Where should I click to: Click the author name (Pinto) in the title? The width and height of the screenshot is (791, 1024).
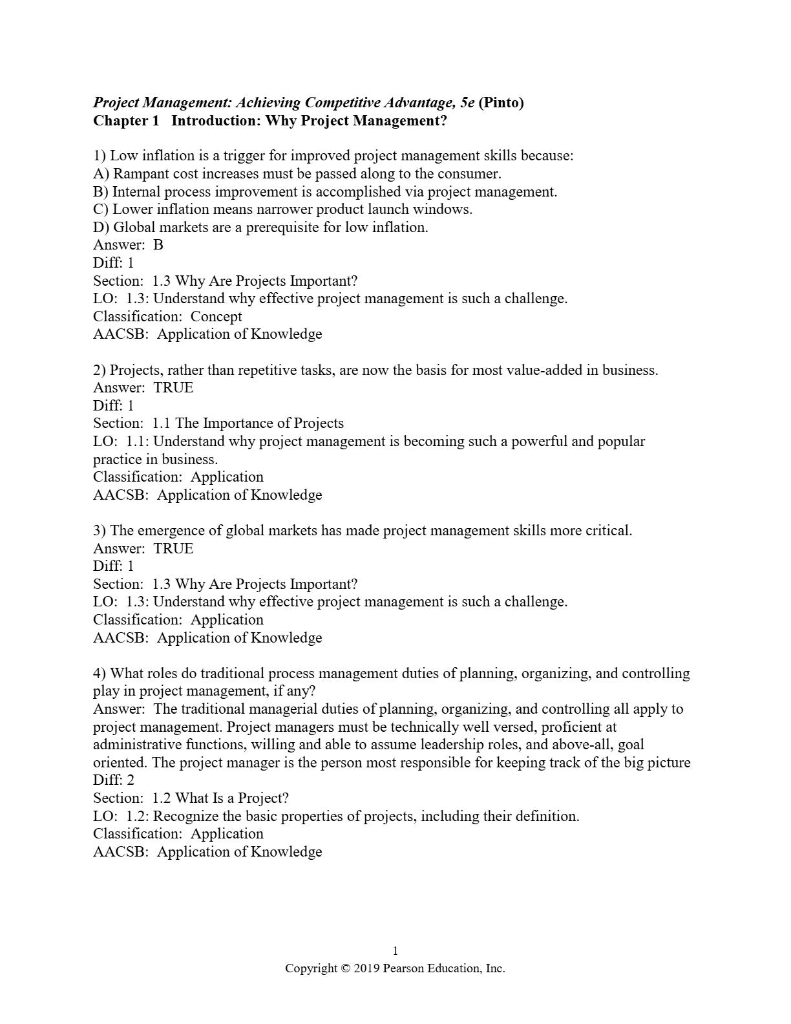(x=501, y=103)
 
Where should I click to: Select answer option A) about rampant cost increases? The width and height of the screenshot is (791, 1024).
(x=297, y=174)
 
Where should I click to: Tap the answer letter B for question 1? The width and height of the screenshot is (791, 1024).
(x=158, y=245)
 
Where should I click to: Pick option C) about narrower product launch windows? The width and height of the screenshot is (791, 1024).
(x=283, y=209)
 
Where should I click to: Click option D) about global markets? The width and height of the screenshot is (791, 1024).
(x=260, y=228)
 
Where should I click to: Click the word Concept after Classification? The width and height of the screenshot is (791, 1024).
(x=216, y=317)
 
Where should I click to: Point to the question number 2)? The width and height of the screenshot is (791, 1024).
(x=100, y=370)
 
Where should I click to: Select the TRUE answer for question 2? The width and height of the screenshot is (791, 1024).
(x=173, y=388)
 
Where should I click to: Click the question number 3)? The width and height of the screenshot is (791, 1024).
(x=100, y=531)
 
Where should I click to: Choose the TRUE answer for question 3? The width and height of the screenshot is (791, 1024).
(x=173, y=549)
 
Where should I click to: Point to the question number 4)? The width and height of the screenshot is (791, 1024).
(x=100, y=674)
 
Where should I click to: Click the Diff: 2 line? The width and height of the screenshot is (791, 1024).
(x=114, y=780)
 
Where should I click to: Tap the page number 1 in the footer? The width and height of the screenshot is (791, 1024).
(x=395, y=951)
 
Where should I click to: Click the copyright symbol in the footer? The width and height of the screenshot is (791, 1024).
(x=346, y=968)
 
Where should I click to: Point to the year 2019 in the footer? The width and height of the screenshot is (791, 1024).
(x=366, y=968)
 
